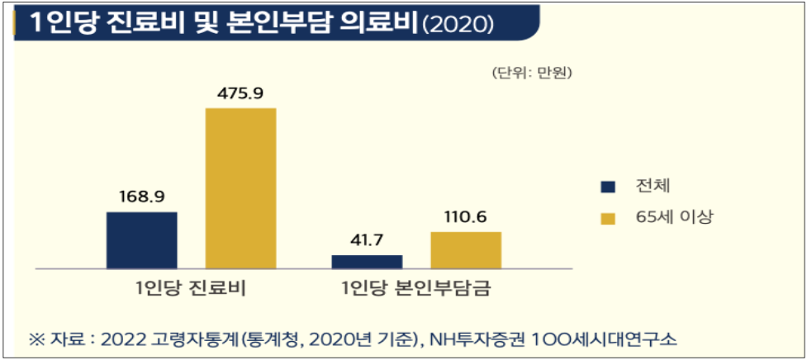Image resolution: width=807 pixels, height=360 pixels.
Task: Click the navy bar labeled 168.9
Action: [141, 240]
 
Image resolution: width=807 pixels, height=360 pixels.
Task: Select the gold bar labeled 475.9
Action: [240, 188]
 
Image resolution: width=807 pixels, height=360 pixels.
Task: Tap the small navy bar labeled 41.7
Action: [367, 261]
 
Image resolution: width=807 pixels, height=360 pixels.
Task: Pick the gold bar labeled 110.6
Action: [465, 250]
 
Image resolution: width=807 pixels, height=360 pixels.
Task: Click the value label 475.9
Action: [240, 93]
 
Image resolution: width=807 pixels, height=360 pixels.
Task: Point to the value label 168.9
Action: [141, 197]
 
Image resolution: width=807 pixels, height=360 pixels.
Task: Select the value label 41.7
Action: [367, 240]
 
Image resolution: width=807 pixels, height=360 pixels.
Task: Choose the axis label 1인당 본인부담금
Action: [416, 289]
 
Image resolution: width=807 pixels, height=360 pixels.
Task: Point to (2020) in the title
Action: [458, 24]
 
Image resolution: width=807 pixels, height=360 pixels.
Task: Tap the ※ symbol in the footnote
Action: [36, 339]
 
